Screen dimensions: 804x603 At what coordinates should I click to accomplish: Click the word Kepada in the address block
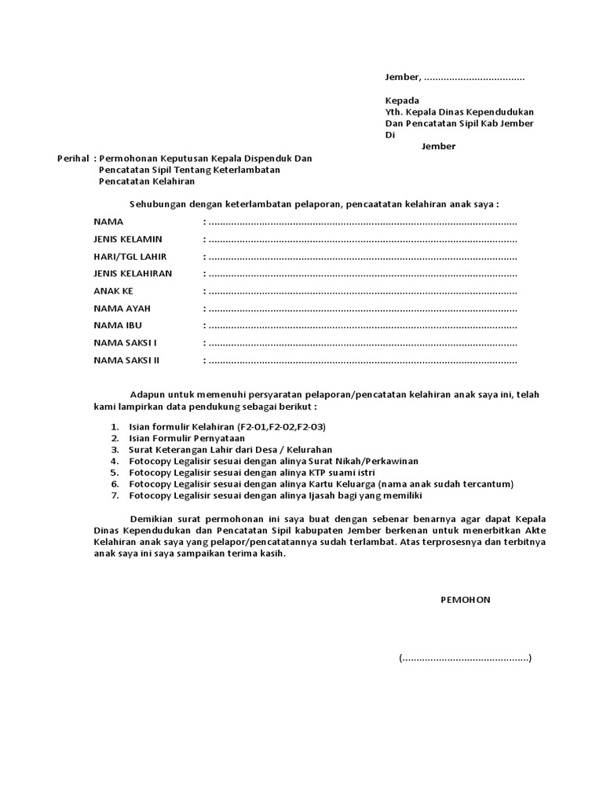pos(401,100)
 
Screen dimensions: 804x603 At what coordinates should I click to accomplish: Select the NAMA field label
pos(108,222)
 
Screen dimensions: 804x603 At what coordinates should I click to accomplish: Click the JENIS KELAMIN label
pos(127,239)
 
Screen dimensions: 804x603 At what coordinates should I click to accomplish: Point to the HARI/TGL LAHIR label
pos(130,257)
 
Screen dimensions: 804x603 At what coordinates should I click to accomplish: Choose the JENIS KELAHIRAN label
pos(133,273)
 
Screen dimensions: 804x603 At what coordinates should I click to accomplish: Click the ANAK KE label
pos(113,291)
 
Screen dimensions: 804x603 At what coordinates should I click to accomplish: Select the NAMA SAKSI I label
pos(125,343)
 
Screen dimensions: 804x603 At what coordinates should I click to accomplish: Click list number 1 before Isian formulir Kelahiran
pos(115,426)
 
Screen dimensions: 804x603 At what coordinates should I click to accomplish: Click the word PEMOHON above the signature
pos(465,599)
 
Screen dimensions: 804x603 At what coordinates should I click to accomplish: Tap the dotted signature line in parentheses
pos(465,658)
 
